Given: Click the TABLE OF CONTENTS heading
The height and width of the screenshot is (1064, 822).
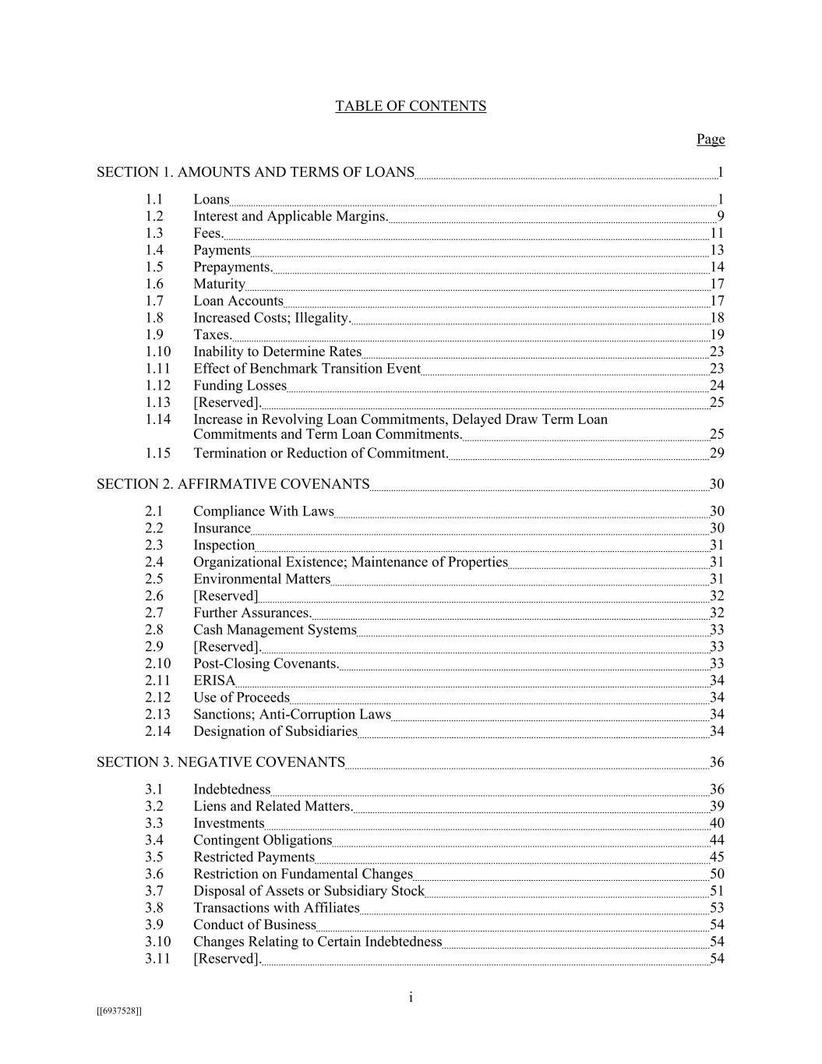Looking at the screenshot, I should [x=411, y=106].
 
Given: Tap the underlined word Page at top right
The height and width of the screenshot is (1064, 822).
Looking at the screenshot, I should [x=710, y=139].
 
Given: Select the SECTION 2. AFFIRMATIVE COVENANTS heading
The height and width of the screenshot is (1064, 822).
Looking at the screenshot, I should [x=233, y=484].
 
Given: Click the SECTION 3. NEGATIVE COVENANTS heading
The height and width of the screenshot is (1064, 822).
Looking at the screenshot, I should [x=220, y=762].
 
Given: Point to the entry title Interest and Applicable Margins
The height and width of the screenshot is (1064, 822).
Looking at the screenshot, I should [x=291, y=216].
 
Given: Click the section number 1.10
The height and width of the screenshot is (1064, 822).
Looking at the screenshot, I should [x=157, y=352].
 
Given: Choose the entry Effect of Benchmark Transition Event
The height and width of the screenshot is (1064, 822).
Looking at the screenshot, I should [x=307, y=369].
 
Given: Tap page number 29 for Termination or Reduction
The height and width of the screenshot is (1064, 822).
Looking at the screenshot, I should [x=717, y=454].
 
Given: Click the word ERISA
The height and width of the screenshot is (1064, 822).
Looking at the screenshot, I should [x=214, y=680].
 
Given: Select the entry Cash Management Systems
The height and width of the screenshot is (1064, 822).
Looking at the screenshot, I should [x=275, y=630].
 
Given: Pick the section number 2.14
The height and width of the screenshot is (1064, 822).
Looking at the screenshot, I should [x=157, y=731].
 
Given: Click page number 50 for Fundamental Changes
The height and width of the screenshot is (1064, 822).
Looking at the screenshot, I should [x=717, y=874].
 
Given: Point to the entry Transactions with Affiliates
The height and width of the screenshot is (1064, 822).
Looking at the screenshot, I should [x=277, y=908].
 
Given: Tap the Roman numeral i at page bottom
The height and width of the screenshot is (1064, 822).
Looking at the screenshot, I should [x=411, y=998].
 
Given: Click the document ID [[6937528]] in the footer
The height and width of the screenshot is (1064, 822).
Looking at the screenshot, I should [x=119, y=1011].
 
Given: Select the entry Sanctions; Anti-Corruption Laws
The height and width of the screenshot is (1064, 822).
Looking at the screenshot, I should [x=292, y=714].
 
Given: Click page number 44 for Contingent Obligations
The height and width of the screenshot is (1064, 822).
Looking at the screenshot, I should [x=717, y=840].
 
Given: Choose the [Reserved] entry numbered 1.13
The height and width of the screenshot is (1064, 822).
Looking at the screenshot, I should [x=227, y=402].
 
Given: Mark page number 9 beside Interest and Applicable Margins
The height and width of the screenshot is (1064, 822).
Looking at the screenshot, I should [x=721, y=216].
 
